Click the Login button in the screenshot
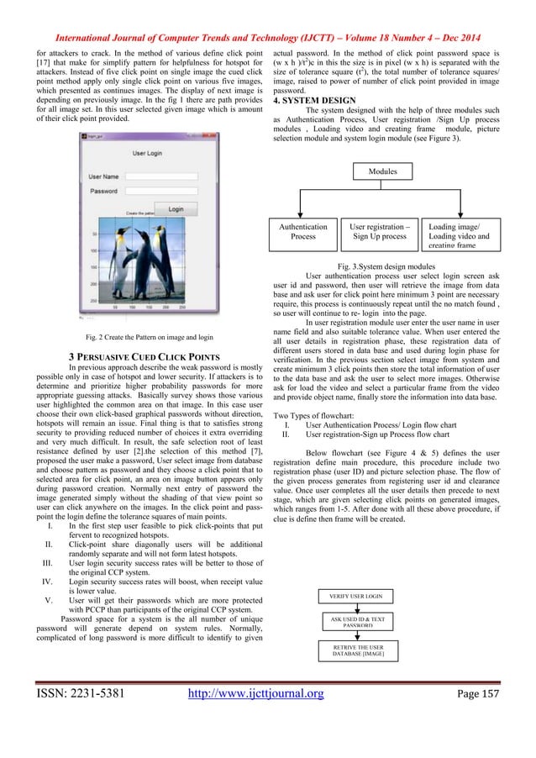click(175, 208)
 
